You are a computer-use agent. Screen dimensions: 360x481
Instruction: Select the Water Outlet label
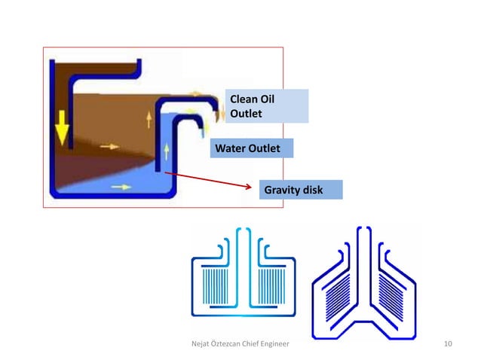[x=247, y=149]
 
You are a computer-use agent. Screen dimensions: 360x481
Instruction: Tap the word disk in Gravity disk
[x=311, y=190]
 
